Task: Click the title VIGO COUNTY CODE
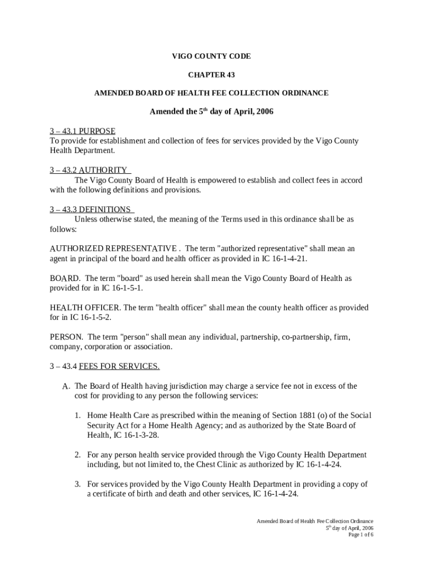(x=211, y=57)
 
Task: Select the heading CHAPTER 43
(x=211, y=75)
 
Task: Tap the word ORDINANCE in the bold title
(x=304, y=93)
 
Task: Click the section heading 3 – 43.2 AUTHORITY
(x=88, y=170)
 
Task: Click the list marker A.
(x=66, y=387)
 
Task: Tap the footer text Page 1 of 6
(x=360, y=535)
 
